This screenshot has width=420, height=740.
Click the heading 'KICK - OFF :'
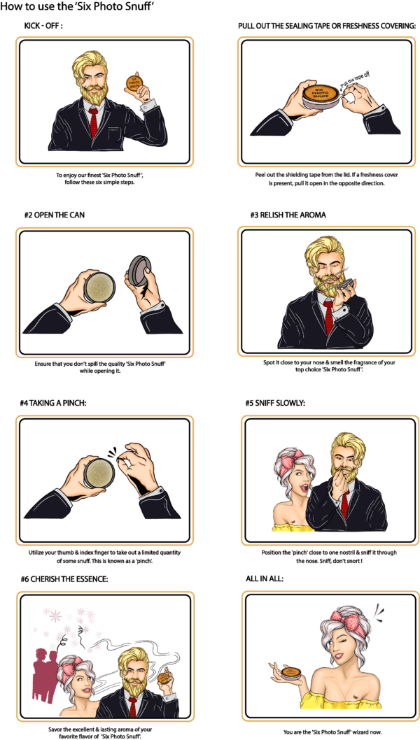coord(48,26)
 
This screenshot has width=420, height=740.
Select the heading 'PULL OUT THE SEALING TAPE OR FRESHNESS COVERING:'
coord(327,26)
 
